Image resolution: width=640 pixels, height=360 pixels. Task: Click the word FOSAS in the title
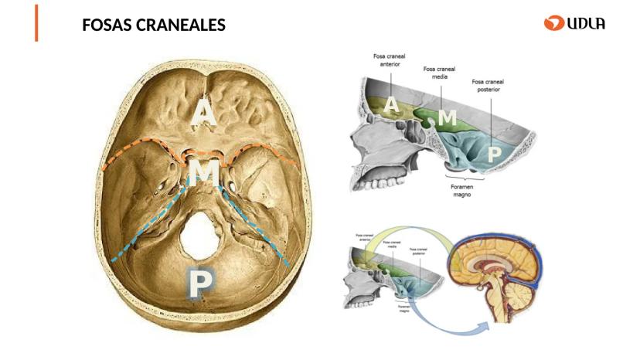[x=107, y=25]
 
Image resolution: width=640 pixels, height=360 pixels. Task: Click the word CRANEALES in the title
[x=179, y=25]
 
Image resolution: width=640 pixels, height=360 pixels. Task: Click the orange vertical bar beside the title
[x=36, y=23]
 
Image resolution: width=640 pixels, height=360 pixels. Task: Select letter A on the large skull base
[x=203, y=113]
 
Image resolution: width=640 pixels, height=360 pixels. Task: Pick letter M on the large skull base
[x=203, y=171]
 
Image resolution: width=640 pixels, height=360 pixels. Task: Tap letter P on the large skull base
[x=200, y=284]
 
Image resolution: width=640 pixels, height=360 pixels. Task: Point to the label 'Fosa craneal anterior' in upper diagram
[x=388, y=60]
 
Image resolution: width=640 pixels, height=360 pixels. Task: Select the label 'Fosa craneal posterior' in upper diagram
[x=488, y=85]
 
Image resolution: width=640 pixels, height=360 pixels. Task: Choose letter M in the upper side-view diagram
[x=447, y=117]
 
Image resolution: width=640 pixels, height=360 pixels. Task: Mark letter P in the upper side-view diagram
[x=493, y=154]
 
